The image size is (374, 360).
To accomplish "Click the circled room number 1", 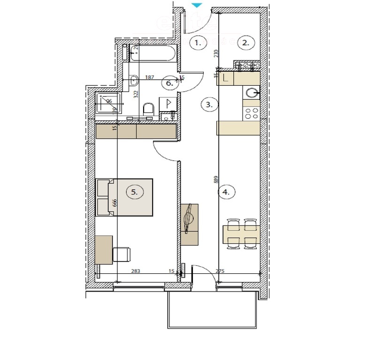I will pos(198,43).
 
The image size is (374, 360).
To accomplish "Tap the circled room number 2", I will pos(245,43).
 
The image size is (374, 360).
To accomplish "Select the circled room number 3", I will pos(209,105).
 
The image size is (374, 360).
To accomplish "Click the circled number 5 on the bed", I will pos(135,192).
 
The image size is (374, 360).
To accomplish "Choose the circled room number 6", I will pos(170,83).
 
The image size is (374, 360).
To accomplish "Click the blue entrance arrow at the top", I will pos(197,5).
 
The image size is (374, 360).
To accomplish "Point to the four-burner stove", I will pos(251,112).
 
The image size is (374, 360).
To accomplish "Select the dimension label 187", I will pos(150,77).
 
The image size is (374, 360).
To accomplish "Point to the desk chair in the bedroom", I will pos(122,255).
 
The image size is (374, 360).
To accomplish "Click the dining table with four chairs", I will pos(241,233).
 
